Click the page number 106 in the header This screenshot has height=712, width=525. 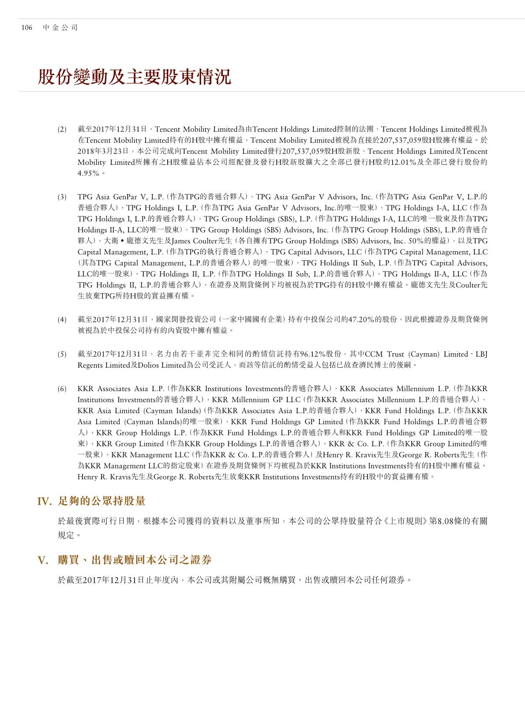click(26, 28)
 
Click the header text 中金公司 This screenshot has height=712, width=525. click(60, 28)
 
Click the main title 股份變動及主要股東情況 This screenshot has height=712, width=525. click(134, 77)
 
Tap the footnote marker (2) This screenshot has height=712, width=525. click(62, 130)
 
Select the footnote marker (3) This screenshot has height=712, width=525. click(62, 197)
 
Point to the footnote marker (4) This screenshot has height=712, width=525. click(62, 319)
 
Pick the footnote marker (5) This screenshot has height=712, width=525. click(62, 354)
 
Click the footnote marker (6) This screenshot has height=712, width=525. click(62, 389)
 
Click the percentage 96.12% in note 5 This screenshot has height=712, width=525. click(313, 354)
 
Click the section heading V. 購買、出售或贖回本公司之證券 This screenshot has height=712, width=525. click(124, 560)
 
